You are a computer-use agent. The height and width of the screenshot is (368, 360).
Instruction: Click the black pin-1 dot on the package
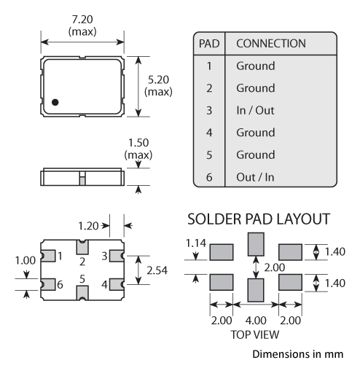pyautogui.click(x=55, y=102)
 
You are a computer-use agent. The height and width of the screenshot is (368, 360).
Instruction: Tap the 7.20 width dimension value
pyautogui.click(x=82, y=20)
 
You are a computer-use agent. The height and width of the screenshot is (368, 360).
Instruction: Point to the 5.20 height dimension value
pyautogui.click(x=158, y=79)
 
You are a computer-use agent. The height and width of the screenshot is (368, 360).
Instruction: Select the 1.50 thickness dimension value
pyautogui.click(x=138, y=143)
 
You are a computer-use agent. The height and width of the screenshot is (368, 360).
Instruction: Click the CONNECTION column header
pyautogui.click(x=271, y=44)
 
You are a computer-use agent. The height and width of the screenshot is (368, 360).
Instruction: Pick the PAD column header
pyautogui.click(x=209, y=44)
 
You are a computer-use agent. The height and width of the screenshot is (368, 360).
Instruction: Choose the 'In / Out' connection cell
pyautogui.click(x=255, y=111)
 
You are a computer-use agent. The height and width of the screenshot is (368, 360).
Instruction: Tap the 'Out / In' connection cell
pyautogui.click(x=255, y=177)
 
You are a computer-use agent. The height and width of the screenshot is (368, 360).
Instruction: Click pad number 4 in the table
pyautogui.click(x=209, y=133)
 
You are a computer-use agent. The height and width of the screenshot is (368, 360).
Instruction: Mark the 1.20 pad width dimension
pyautogui.click(x=88, y=226)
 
